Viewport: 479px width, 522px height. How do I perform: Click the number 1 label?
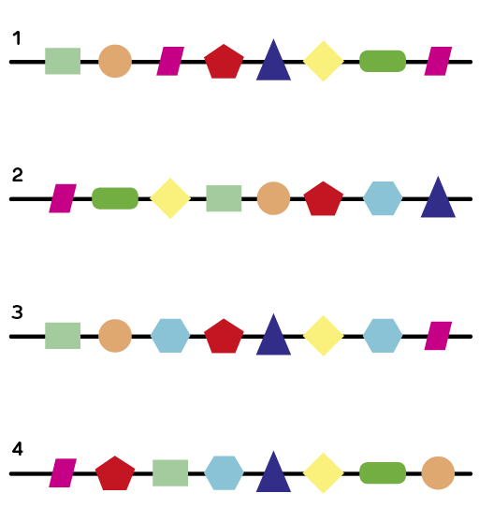[17, 38]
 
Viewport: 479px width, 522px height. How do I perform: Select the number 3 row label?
[17, 312]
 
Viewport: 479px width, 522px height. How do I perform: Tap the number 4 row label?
[18, 449]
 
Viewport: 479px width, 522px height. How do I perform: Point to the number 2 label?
[18, 175]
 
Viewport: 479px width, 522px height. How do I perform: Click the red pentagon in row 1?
[224, 62]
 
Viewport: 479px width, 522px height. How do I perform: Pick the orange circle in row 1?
[115, 61]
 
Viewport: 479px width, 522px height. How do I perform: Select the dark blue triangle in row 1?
[273, 60]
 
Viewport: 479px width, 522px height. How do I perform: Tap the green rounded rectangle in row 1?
[383, 61]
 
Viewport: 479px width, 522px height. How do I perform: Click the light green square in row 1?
[63, 61]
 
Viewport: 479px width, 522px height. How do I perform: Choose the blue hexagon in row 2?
[383, 198]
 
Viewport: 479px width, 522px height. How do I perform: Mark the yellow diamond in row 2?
[170, 198]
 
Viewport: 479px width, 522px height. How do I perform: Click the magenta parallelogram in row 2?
[63, 198]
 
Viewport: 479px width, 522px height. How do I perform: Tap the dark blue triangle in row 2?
[438, 197]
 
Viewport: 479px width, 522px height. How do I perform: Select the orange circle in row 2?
[273, 198]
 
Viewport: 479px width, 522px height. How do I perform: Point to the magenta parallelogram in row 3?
[438, 336]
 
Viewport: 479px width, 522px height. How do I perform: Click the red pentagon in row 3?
[224, 336]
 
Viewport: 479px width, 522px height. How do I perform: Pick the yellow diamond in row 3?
[323, 336]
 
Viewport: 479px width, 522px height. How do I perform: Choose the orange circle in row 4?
[438, 473]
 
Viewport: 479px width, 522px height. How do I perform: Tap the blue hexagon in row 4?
[224, 473]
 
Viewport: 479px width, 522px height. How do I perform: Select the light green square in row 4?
[170, 473]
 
